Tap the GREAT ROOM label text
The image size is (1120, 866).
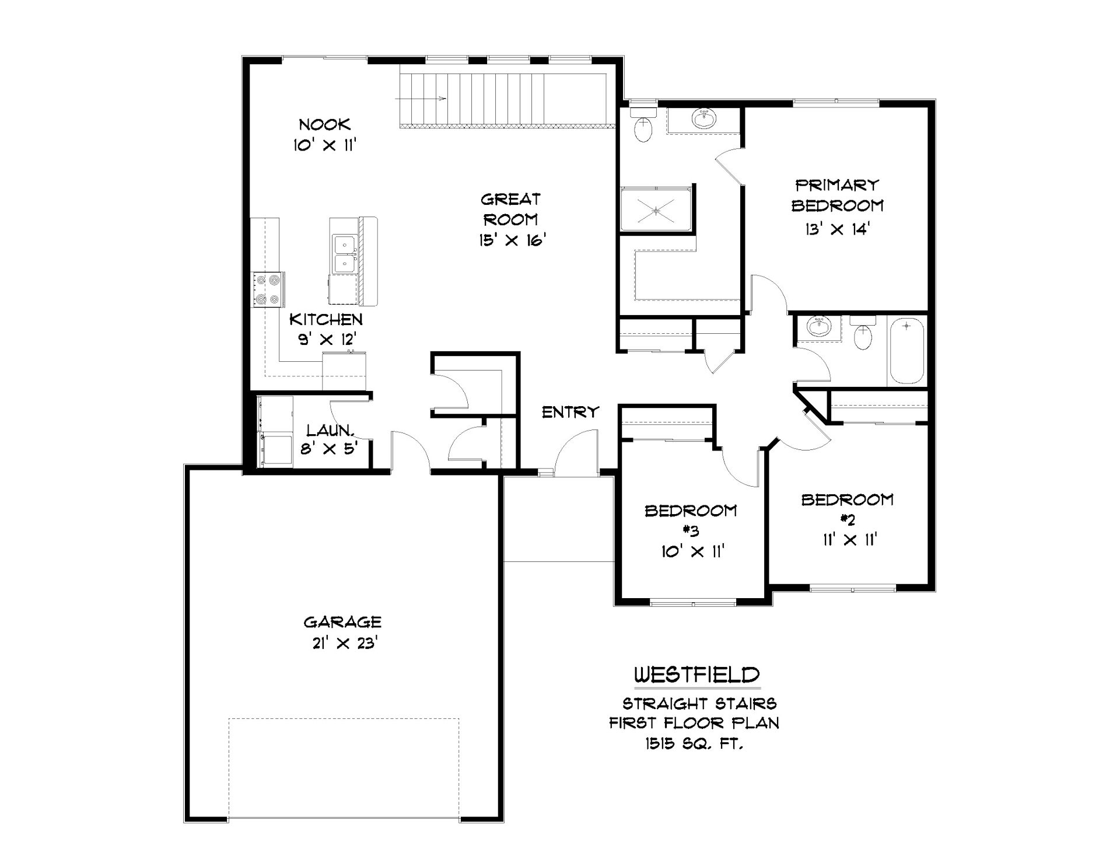pos(510,209)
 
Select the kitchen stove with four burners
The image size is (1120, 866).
pos(268,290)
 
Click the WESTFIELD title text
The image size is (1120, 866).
pos(696,675)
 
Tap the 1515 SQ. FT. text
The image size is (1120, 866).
pos(694,743)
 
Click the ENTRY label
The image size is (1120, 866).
pos(570,412)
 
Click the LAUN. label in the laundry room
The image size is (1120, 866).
pos(331,431)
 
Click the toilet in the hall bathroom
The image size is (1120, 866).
pos(862,333)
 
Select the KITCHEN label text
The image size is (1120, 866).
pos(326,319)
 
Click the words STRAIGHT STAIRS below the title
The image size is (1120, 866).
pos(699,703)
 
